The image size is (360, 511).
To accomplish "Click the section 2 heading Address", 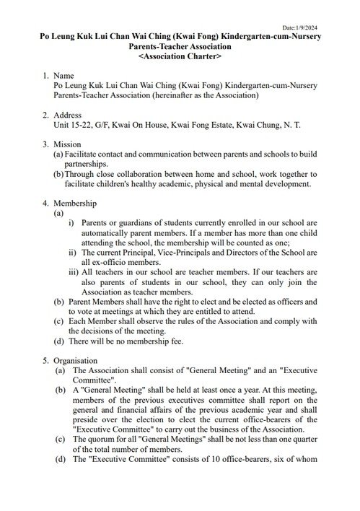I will pos(70,115).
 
